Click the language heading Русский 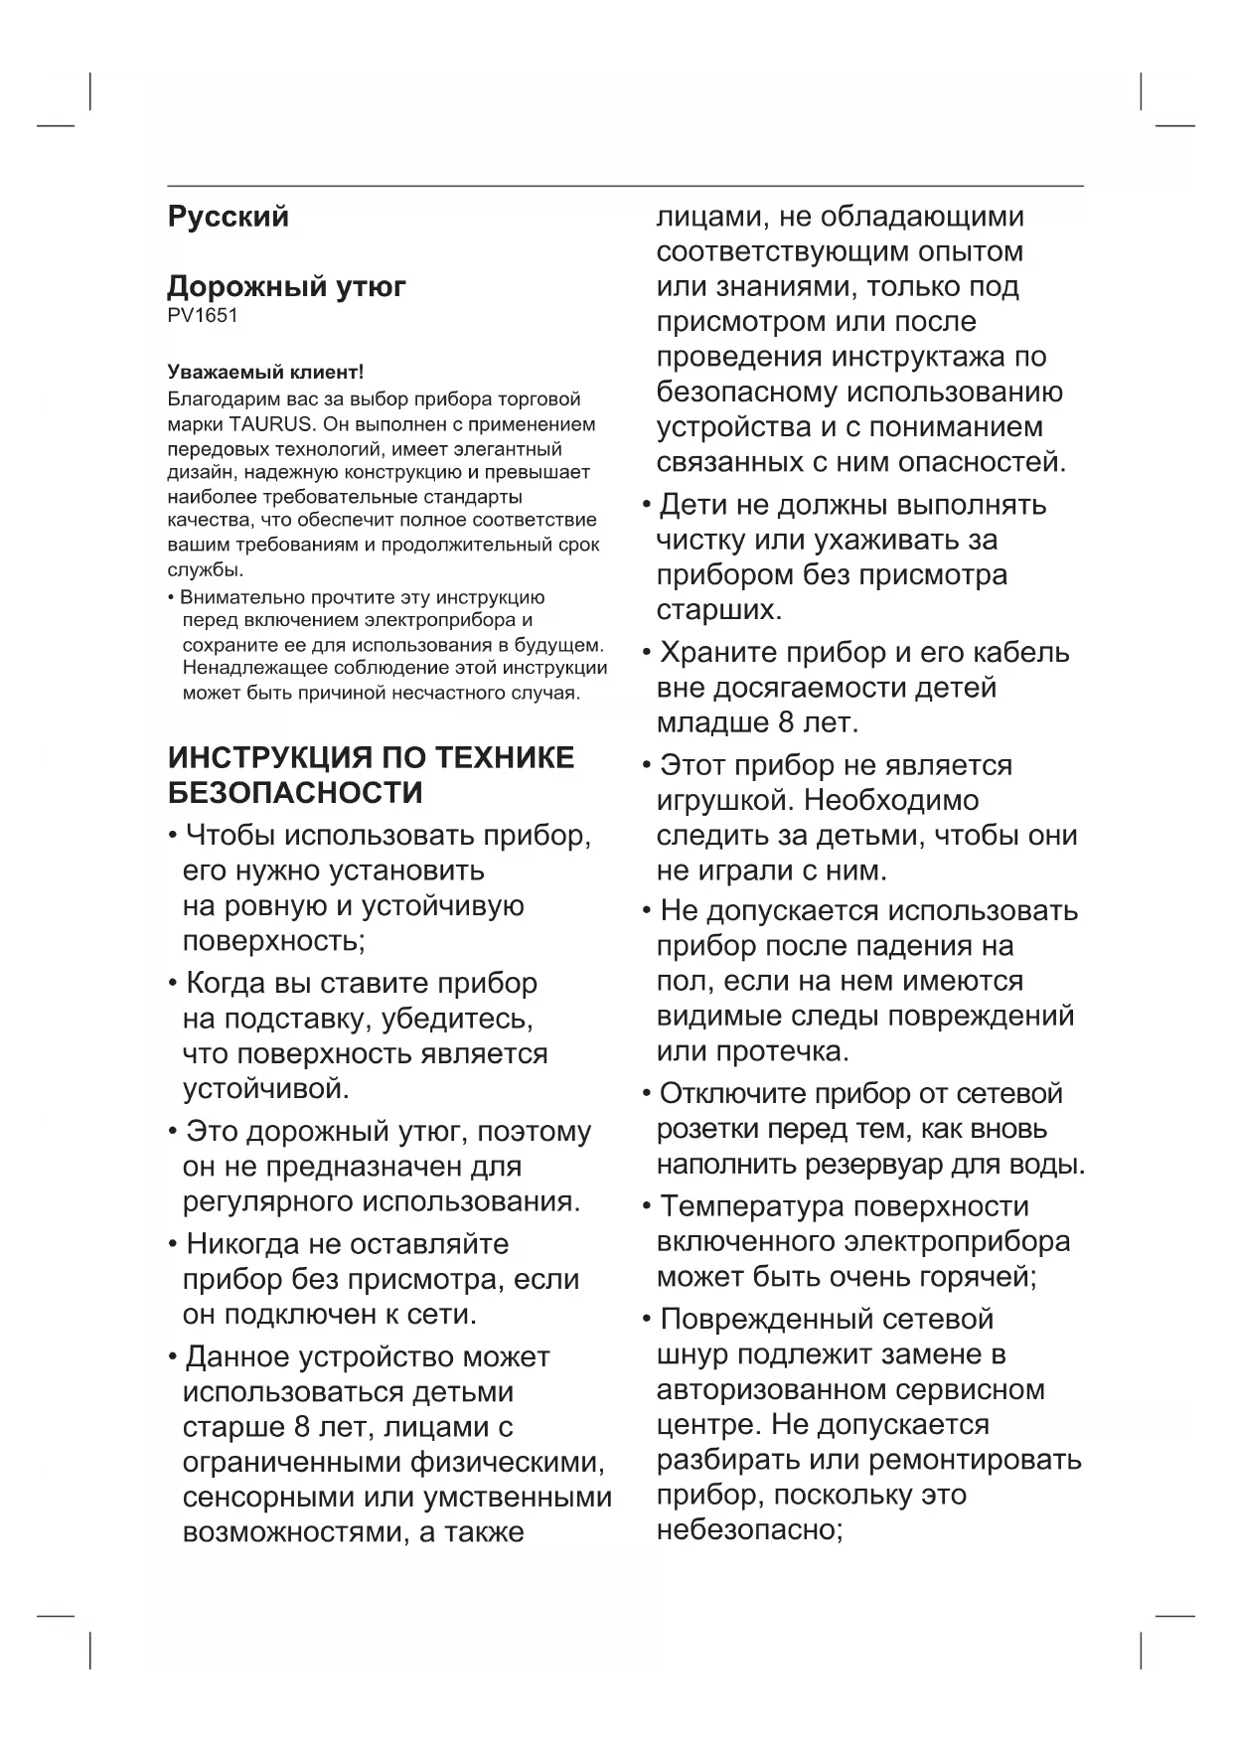(228, 217)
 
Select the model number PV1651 (203, 316)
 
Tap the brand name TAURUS (271, 424)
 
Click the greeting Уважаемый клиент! (265, 373)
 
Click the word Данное (237, 1357)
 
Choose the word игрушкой (724, 800)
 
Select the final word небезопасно (748, 1529)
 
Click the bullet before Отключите (647, 1094)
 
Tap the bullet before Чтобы (173, 836)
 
